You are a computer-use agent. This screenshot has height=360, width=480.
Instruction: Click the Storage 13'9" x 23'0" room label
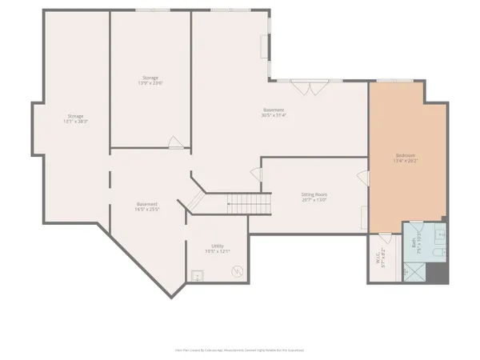click(150, 80)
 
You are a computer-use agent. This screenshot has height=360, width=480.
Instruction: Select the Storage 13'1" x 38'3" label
click(77, 119)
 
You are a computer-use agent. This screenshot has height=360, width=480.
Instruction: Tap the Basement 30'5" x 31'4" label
click(274, 112)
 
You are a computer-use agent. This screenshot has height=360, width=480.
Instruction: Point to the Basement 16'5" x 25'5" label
click(147, 206)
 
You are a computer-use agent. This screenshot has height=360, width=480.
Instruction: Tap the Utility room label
click(217, 249)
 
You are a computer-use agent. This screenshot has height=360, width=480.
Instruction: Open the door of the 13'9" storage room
click(176, 142)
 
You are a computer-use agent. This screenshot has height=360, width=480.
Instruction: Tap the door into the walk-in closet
click(385, 238)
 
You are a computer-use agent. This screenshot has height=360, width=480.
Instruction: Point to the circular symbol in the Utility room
click(237, 271)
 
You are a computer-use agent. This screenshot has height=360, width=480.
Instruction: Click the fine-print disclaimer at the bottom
click(240, 350)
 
